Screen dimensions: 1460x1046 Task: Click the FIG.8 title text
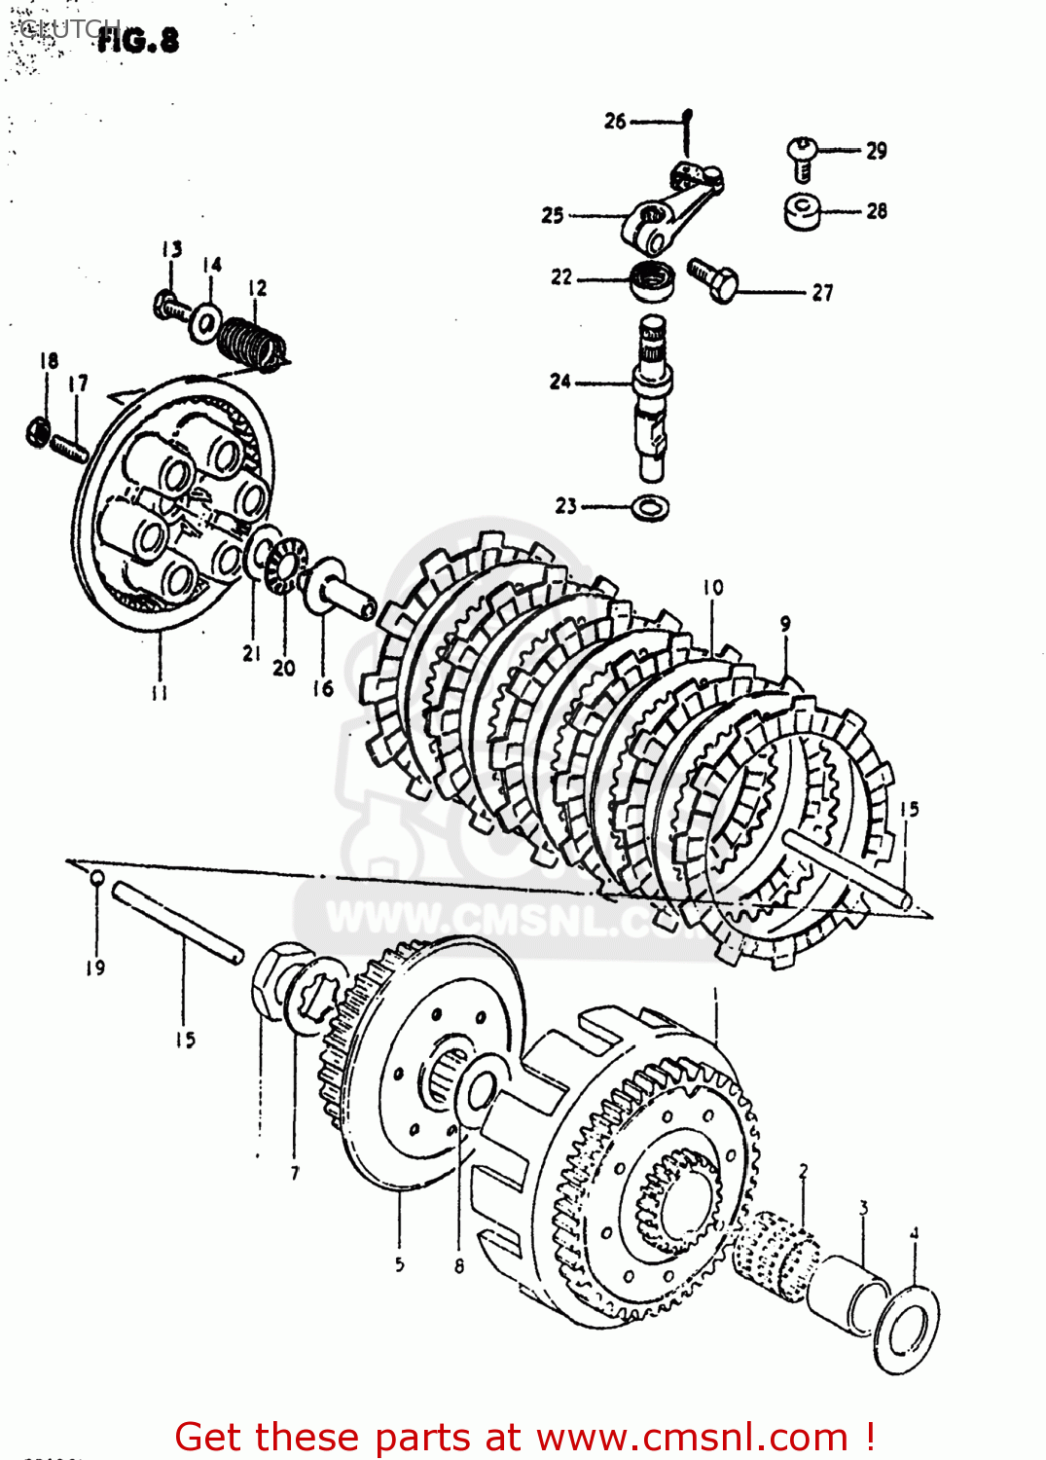[x=138, y=40]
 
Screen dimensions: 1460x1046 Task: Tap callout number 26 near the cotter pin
[x=615, y=122]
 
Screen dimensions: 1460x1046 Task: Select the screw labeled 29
[x=800, y=157]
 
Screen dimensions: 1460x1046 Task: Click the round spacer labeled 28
[x=803, y=211]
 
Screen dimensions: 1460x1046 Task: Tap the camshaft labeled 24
[x=652, y=399]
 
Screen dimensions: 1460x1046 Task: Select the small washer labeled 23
[x=650, y=507]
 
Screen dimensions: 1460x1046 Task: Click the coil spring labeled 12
[x=251, y=343]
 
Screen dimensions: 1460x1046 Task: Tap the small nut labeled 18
[x=38, y=431]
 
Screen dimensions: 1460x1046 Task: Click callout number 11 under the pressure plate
[x=159, y=693]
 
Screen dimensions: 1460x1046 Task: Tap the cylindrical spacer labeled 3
[x=853, y=1295]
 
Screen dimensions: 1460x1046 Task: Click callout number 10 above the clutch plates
[x=713, y=588]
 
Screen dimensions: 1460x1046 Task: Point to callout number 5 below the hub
[x=399, y=1264]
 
